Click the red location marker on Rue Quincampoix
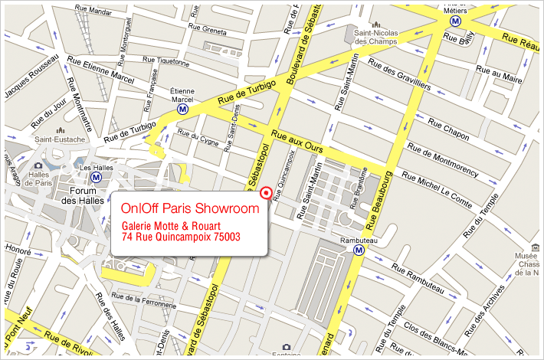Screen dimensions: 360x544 pyautogui.click(x=266, y=192)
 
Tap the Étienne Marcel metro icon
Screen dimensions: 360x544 pyautogui.click(x=182, y=110)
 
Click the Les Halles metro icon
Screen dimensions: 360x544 pyautogui.click(x=96, y=178)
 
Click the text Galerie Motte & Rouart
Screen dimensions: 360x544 pyautogui.click(x=172, y=226)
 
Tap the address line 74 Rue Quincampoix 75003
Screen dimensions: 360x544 pyautogui.click(x=181, y=238)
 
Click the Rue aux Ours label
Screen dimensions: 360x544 pyautogui.click(x=301, y=139)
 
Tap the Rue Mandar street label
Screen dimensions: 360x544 pyautogui.click(x=93, y=12)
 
